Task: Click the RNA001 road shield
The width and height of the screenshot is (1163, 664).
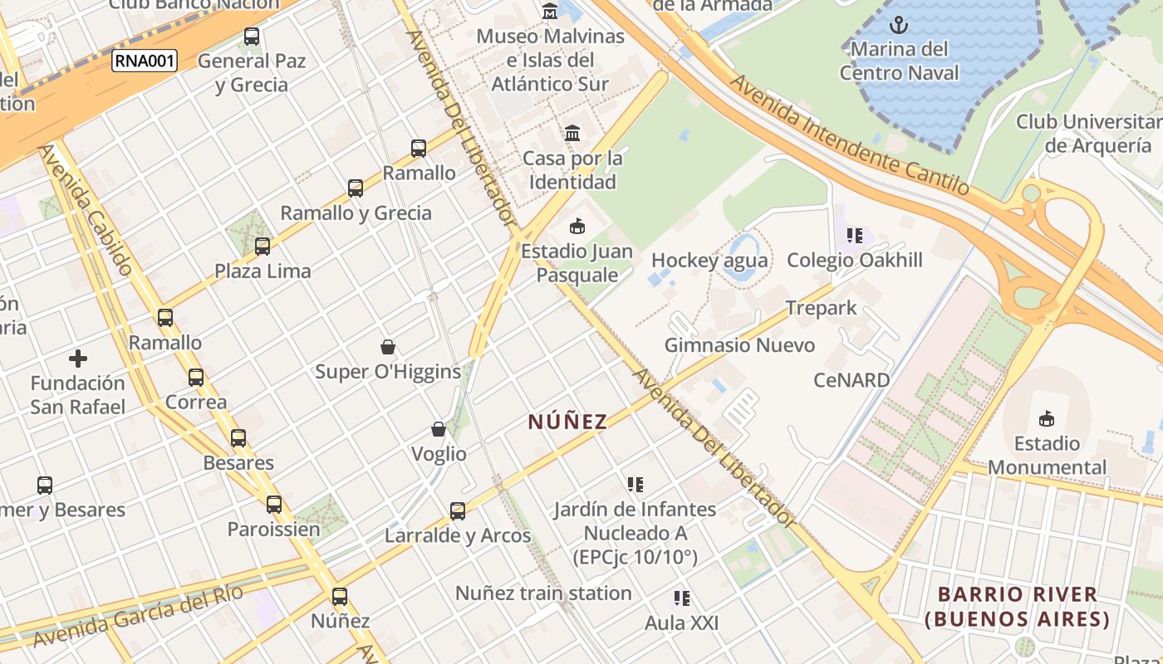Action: click(x=145, y=61)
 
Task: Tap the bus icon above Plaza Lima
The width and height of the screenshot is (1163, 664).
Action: click(x=263, y=247)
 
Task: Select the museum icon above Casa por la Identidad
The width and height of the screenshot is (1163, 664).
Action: click(x=572, y=133)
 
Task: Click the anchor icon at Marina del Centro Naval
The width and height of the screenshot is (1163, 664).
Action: click(x=898, y=24)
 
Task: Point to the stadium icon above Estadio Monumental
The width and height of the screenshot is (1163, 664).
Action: click(x=1047, y=418)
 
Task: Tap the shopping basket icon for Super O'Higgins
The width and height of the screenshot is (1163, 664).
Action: click(x=387, y=346)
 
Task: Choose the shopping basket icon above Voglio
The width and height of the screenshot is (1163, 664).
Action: click(x=439, y=429)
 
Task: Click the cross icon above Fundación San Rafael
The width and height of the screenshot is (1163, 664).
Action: click(x=78, y=359)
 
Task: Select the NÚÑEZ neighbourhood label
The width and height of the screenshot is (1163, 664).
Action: click(x=568, y=422)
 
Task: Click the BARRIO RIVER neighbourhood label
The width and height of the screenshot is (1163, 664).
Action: click(x=1018, y=607)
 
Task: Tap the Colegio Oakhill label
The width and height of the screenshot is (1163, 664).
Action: click(x=855, y=260)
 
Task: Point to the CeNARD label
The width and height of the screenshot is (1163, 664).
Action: click(x=851, y=380)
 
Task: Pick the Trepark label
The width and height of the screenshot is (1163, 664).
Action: click(x=821, y=308)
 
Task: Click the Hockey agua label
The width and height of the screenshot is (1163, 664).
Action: click(x=709, y=261)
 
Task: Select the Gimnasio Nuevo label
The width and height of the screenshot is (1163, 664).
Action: click(x=739, y=344)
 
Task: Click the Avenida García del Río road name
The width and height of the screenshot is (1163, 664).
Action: click(x=138, y=616)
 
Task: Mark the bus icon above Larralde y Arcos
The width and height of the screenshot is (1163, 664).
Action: click(x=458, y=511)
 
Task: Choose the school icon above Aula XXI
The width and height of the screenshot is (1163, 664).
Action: click(x=682, y=598)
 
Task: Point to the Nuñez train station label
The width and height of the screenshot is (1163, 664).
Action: click(x=543, y=593)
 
